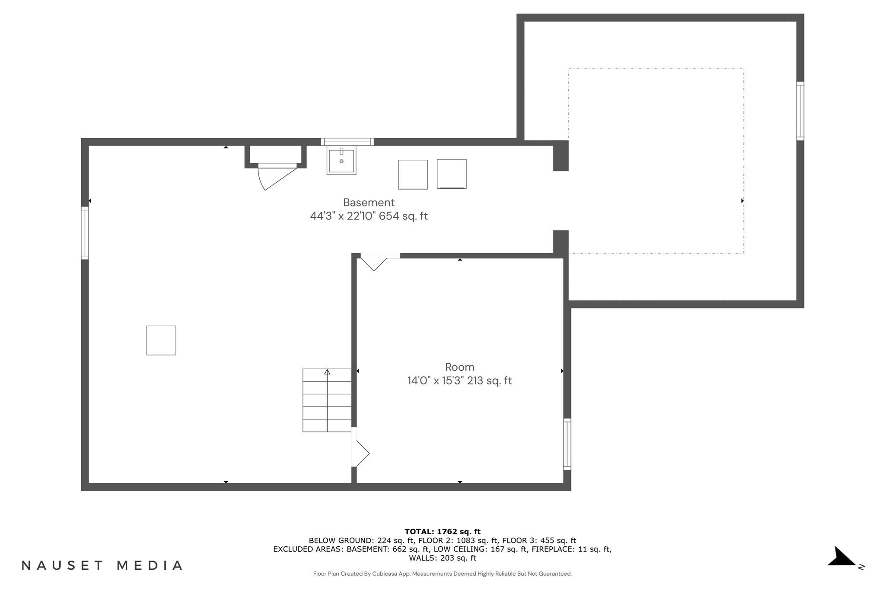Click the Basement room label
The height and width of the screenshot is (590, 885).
click(x=369, y=203)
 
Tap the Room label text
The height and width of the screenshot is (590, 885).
click(x=460, y=367)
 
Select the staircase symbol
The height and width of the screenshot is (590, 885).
click(x=327, y=400)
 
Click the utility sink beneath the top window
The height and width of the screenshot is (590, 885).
click(x=341, y=161)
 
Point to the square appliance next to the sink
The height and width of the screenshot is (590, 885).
click(x=413, y=174)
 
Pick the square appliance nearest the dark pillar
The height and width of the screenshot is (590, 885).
click(x=452, y=174)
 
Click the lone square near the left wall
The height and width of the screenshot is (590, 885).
click(x=161, y=340)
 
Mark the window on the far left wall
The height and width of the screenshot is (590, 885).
click(x=85, y=233)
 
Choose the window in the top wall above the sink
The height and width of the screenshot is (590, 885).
click(x=347, y=141)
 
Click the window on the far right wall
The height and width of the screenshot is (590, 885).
click(x=800, y=111)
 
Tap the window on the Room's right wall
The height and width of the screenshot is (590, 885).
click(x=567, y=444)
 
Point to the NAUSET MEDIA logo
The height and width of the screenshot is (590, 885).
click(x=102, y=565)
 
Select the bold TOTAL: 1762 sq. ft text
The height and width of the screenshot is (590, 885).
click(x=442, y=532)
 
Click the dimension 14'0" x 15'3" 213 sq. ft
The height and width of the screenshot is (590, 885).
click(x=459, y=381)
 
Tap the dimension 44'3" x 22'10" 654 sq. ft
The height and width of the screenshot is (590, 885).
click(x=369, y=216)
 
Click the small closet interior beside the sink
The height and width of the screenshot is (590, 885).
click(x=276, y=154)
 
